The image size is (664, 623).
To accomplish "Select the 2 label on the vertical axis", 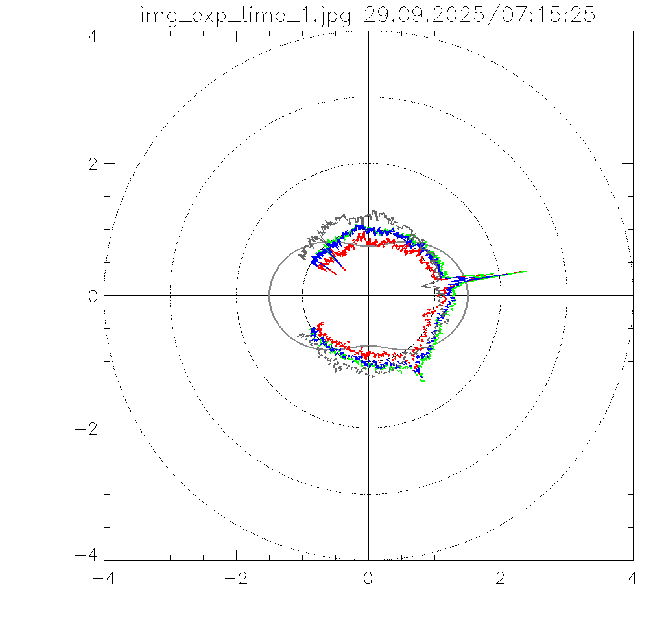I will [x=92, y=163].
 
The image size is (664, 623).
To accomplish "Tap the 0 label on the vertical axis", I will [x=92, y=295].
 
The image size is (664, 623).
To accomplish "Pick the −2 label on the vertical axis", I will [x=86, y=428].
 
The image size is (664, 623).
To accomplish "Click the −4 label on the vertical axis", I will [x=86, y=555].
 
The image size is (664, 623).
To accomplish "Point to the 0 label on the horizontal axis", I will [x=368, y=578].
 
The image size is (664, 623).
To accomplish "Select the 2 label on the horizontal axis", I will [x=501, y=578].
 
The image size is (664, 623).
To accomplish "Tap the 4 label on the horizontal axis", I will [x=633, y=578].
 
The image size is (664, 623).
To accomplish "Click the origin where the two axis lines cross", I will [x=368, y=295].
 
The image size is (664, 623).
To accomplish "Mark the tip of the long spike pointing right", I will [x=527, y=271].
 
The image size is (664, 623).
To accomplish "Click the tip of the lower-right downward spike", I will [x=425, y=382].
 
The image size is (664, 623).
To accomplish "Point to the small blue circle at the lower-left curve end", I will [x=314, y=331].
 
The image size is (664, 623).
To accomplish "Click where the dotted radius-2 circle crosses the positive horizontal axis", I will [x=501, y=295].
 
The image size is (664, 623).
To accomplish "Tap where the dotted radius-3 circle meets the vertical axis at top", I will [x=368, y=97].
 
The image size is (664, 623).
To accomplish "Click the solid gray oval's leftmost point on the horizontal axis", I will [x=269, y=295].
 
